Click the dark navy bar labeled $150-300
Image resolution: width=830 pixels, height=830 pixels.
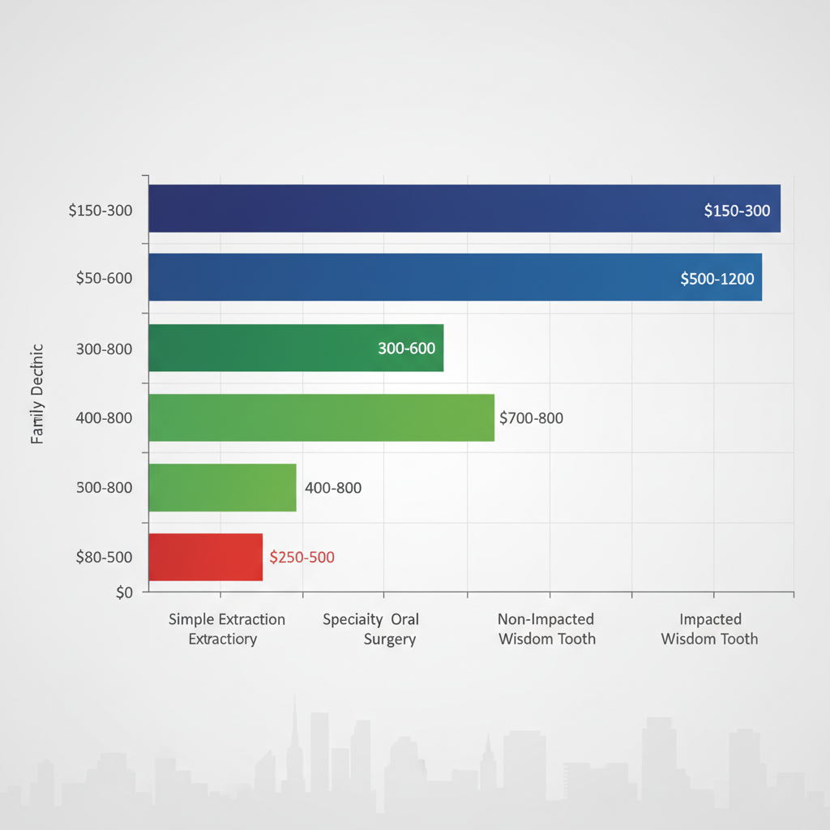click(x=464, y=209)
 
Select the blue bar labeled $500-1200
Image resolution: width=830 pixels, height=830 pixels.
click(x=454, y=277)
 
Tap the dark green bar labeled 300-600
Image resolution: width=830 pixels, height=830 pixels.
click(x=296, y=348)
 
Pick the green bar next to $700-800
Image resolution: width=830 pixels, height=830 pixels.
click(x=321, y=417)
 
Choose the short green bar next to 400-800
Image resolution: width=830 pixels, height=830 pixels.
click(x=222, y=487)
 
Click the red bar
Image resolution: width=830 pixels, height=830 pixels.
click(x=205, y=557)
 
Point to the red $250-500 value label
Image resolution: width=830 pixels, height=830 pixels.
click(x=302, y=558)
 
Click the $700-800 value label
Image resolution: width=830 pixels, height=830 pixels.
click(x=531, y=418)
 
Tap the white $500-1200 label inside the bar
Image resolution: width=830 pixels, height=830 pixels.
click(x=717, y=279)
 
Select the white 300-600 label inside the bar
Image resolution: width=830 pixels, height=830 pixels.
click(x=406, y=349)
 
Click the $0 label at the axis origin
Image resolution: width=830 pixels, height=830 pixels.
click(x=124, y=593)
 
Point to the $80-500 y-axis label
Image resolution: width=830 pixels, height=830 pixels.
click(x=104, y=557)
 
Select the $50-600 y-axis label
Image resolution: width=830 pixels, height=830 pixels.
click(x=104, y=278)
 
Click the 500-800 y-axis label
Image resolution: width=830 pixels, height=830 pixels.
click(x=104, y=488)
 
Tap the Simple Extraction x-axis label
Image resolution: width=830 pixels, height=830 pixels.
click(x=226, y=629)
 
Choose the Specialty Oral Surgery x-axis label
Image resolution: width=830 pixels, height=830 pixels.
click(x=371, y=629)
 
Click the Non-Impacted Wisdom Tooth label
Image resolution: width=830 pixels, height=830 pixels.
click(x=546, y=629)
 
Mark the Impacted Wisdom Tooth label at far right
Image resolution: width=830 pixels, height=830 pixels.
click(x=709, y=629)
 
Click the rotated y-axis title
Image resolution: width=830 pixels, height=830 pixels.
click(x=37, y=394)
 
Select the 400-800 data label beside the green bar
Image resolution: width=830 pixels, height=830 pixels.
click(x=333, y=488)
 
